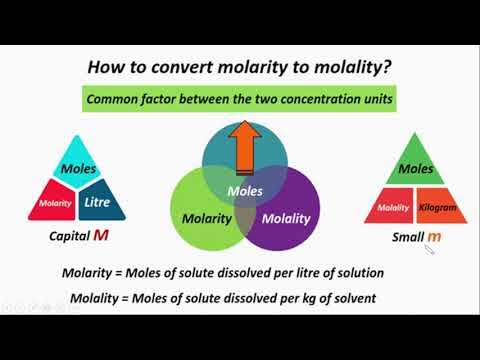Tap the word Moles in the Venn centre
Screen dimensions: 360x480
click(245, 189)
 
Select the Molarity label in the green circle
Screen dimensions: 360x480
click(207, 218)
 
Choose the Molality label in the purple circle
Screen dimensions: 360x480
click(286, 218)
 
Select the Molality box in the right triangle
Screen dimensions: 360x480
click(393, 207)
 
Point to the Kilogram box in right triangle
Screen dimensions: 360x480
click(438, 207)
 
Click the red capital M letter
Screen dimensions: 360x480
click(101, 237)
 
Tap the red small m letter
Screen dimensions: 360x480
click(433, 237)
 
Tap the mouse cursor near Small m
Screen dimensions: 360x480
click(429, 250)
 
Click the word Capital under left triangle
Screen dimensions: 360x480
click(69, 238)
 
